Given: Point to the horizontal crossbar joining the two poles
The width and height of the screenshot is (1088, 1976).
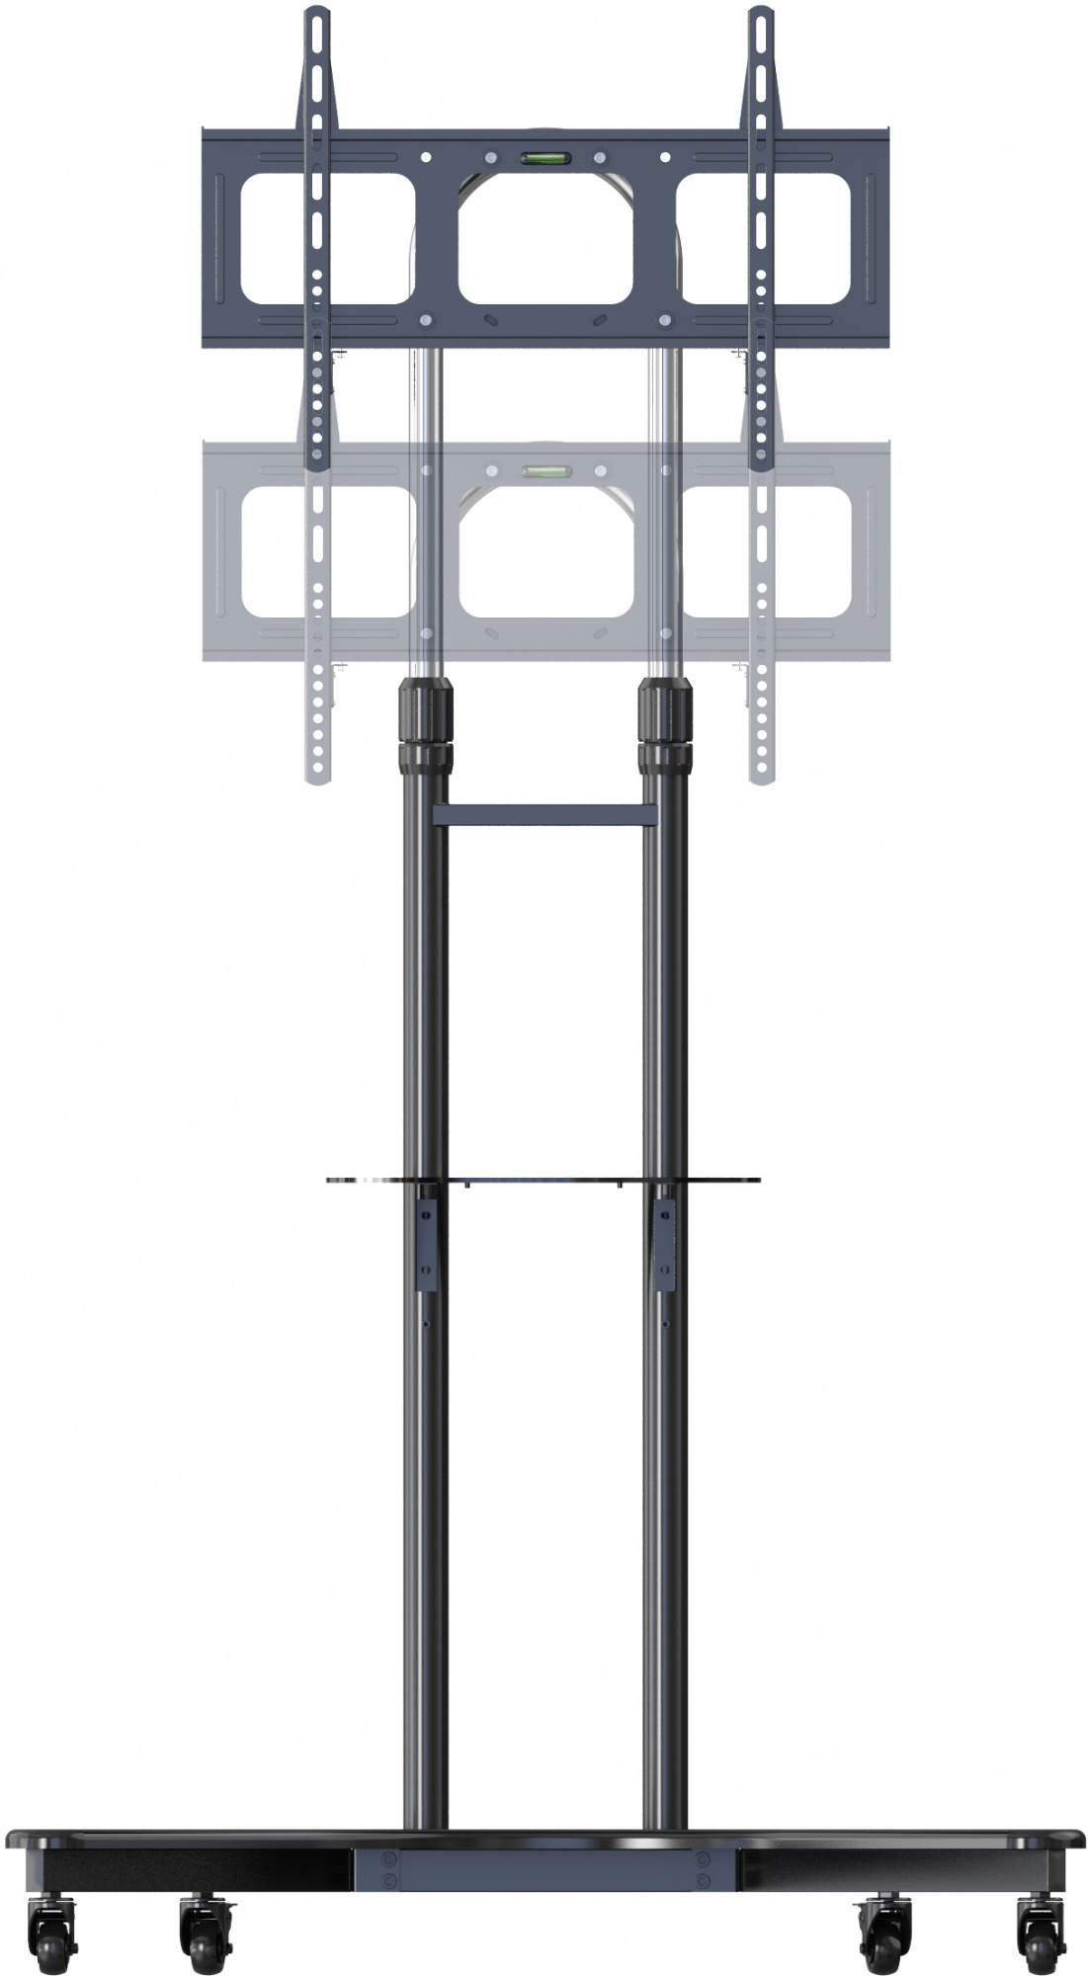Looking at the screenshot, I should click(x=544, y=815).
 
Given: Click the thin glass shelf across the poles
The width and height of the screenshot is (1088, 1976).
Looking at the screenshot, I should click(x=544, y=1179).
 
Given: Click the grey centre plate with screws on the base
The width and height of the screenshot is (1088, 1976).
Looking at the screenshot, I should click(x=544, y=1859).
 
